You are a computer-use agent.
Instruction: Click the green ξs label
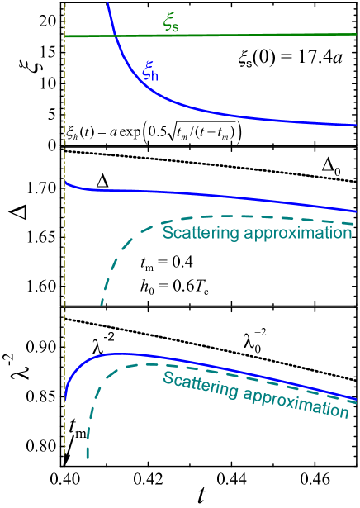(170, 24)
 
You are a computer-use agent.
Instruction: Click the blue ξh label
(149, 71)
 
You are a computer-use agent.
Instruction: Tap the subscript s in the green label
(175, 27)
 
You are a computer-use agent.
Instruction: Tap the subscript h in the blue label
(154, 76)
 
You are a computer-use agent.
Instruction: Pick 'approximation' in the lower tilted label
(295, 398)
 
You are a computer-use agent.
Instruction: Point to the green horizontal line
(248, 35)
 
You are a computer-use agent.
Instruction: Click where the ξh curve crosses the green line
(116, 36)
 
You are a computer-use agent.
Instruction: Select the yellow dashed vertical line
(64, 248)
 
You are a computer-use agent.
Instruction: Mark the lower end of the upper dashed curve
(102, 306)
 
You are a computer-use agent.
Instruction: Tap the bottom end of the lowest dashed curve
(87, 457)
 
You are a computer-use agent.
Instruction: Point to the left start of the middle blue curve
(65, 182)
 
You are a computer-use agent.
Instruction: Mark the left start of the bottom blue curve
(65, 398)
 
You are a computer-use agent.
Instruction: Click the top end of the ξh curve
(107, 4)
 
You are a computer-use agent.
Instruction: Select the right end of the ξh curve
(356, 126)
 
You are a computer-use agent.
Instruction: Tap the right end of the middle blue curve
(356, 211)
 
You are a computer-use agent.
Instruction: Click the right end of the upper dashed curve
(355, 224)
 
